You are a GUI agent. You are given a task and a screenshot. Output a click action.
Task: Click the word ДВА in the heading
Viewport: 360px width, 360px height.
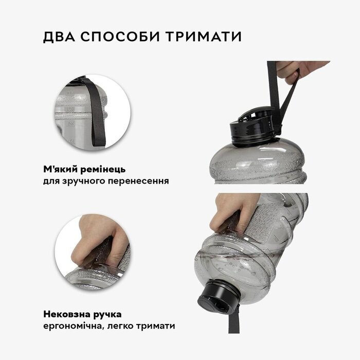click(x=59, y=37)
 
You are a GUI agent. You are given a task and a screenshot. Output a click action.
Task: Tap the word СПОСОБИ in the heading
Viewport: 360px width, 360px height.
click(x=120, y=37)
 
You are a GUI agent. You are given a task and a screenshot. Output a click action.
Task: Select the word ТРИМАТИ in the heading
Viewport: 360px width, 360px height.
click(x=204, y=37)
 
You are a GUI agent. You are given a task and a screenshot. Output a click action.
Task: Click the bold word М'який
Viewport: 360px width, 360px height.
click(x=60, y=169)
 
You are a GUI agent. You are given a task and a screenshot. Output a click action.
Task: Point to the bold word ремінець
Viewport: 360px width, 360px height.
click(x=103, y=170)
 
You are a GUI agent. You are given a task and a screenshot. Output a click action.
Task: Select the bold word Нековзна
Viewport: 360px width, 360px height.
click(x=66, y=314)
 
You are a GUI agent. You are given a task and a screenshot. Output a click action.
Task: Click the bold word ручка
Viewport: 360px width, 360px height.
click(x=107, y=315)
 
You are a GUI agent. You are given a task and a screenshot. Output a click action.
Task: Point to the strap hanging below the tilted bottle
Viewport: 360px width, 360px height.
click(x=234, y=320)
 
